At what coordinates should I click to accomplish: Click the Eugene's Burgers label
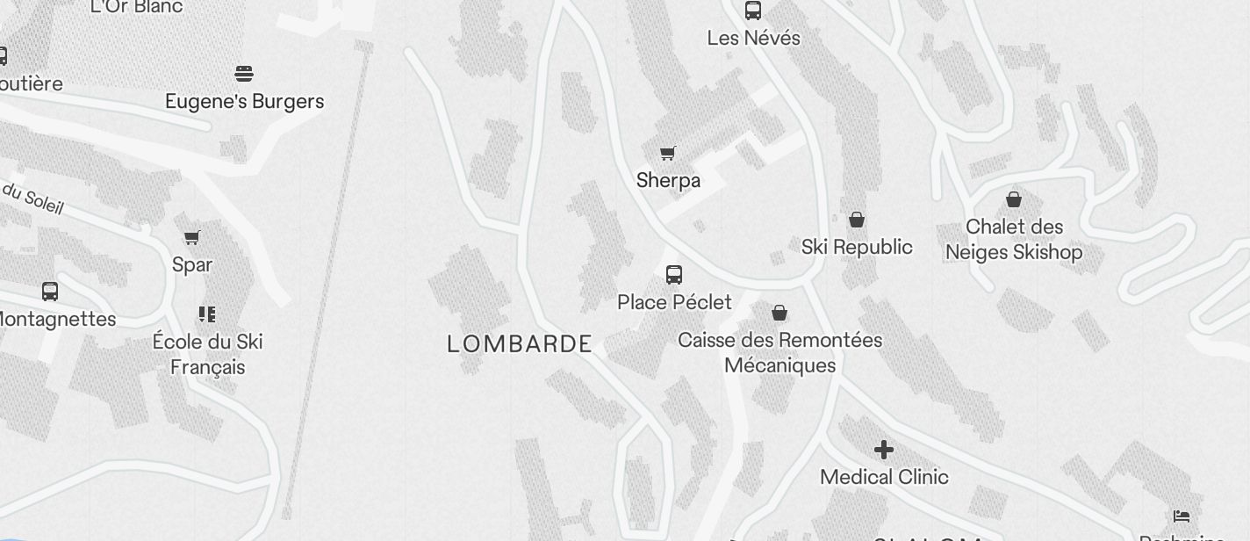point(245,102)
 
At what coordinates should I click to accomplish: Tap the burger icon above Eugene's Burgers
point(244,73)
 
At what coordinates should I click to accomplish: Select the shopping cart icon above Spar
point(192,237)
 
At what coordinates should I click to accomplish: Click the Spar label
point(192,264)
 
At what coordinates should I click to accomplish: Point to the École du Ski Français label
point(208,354)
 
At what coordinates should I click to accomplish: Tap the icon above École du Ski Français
point(207,314)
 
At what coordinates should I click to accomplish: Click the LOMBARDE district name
point(520,344)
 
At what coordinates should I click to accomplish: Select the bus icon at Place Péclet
point(674,275)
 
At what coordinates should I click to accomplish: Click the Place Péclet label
point(674,302)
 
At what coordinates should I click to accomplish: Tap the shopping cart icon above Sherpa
point(668,154)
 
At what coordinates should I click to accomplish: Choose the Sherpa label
point(668,181)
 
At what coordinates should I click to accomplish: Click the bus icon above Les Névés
point(753,11)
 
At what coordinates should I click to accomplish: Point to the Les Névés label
point(754,39)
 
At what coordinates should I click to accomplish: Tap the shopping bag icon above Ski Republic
point(857,220)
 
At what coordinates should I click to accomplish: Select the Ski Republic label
point(857,247)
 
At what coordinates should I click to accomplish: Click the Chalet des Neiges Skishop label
point(1014,240)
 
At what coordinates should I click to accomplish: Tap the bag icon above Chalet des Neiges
point(1014,199)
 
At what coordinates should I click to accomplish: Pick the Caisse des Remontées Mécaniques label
point(780,352)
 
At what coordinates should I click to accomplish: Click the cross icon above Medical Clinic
point(884,450)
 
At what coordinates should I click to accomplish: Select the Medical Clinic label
point(884,477)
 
